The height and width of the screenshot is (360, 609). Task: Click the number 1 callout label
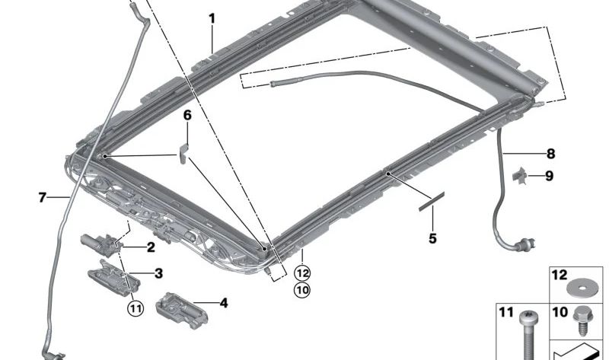(x=212, y=18)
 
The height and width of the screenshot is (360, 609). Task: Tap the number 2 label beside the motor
(x=151, y=247)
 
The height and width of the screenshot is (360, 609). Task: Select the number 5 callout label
(x=432, y=238)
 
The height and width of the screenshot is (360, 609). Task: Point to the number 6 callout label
(x=187, y=116)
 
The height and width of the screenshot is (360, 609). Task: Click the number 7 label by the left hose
(x=43, y=198)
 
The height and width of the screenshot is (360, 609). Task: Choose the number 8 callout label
(x=550, y=152)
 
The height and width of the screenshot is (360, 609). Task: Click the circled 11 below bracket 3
(x=135, y=308)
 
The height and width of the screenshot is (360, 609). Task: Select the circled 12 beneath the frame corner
(x=303, y=272)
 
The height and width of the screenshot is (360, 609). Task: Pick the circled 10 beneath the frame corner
(x=303, y=289)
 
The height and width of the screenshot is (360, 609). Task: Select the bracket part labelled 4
(x=177, y=306)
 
